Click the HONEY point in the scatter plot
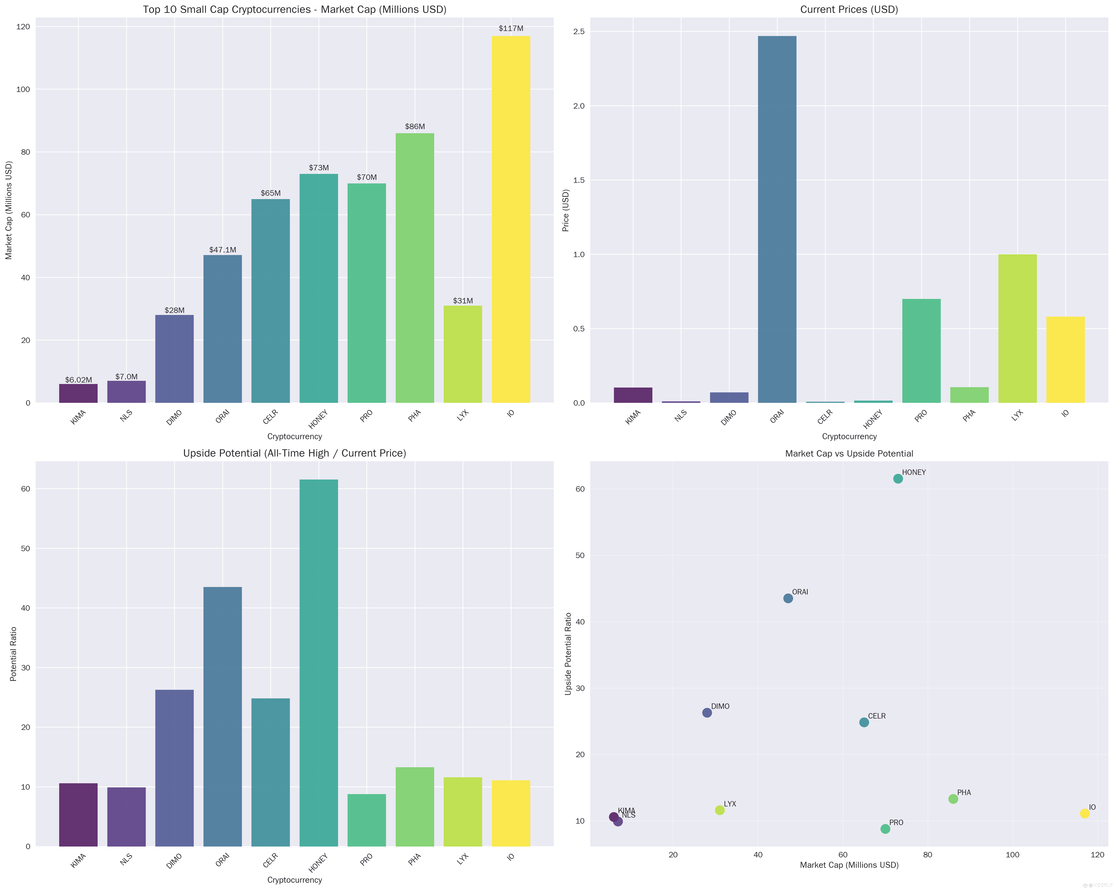pyautogui.click(x=898, y=479)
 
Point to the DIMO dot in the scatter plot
pyautogui.click(x=707, y=713)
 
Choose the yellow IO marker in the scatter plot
pyautogui.click(x=1085, y=814)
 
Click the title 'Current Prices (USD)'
pyautogui.click(x=849, y=9)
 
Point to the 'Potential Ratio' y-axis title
pyautogui.click(x=13, y=654)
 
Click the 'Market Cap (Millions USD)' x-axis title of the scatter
pyautogui.click(x=849, y=865)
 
